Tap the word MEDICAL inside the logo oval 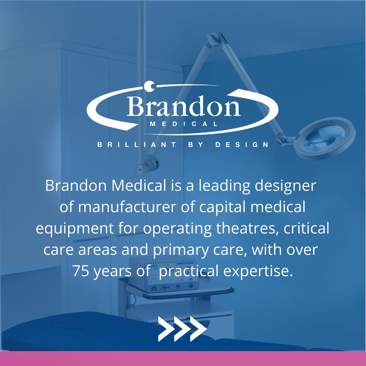click(183, 124)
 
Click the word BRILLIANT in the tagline click(137, 145)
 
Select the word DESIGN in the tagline click(242, 145)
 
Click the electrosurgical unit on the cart click(169, 276)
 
